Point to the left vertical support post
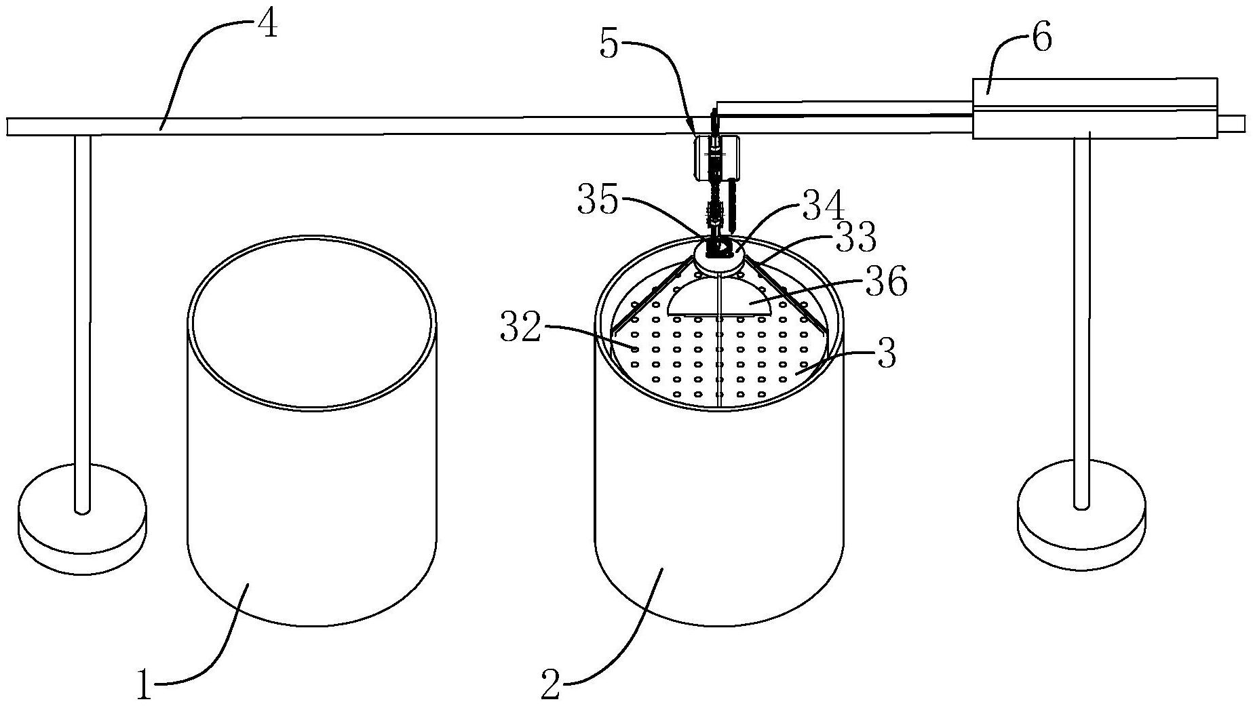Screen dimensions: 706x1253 [82, 305]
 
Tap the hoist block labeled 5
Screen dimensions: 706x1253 [716, 157]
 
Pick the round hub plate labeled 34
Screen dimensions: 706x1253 [719, 261]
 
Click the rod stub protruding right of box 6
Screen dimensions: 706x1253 [1231, 123]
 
